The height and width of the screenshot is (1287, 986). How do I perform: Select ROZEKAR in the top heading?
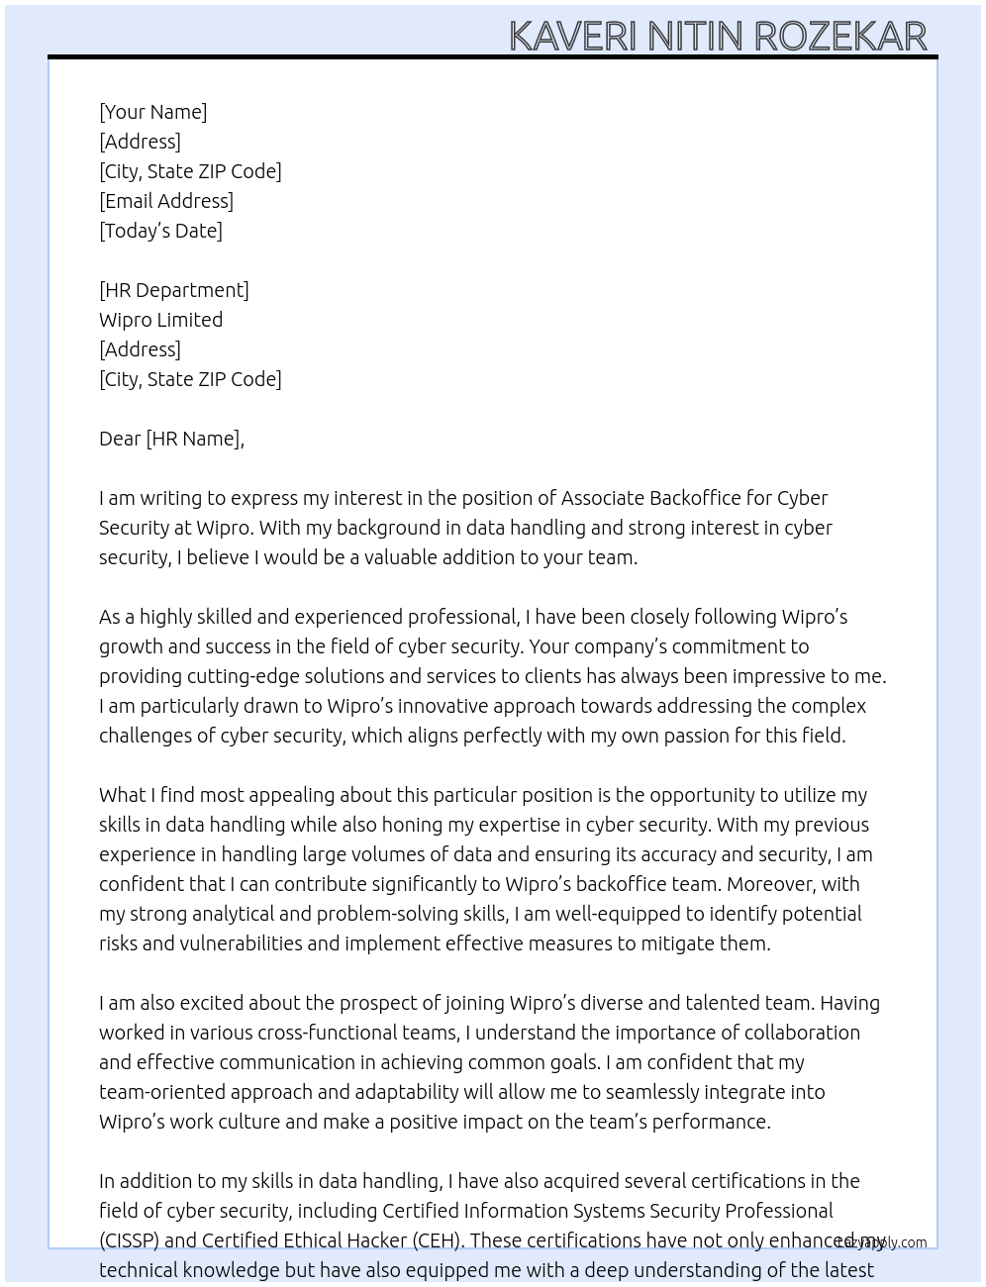(840, 37)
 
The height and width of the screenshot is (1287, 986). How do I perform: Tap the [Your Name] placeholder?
(153, 112)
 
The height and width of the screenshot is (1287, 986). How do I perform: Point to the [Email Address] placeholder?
(166, 201)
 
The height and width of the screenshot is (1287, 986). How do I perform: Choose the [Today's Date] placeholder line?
(160, 231)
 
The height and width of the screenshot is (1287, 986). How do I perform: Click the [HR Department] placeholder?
(174, 290)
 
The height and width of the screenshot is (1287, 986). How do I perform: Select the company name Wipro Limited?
(160, 320)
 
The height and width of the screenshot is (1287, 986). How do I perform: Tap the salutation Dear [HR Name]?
(171, 439)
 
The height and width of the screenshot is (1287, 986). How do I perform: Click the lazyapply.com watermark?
(881, 1242)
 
